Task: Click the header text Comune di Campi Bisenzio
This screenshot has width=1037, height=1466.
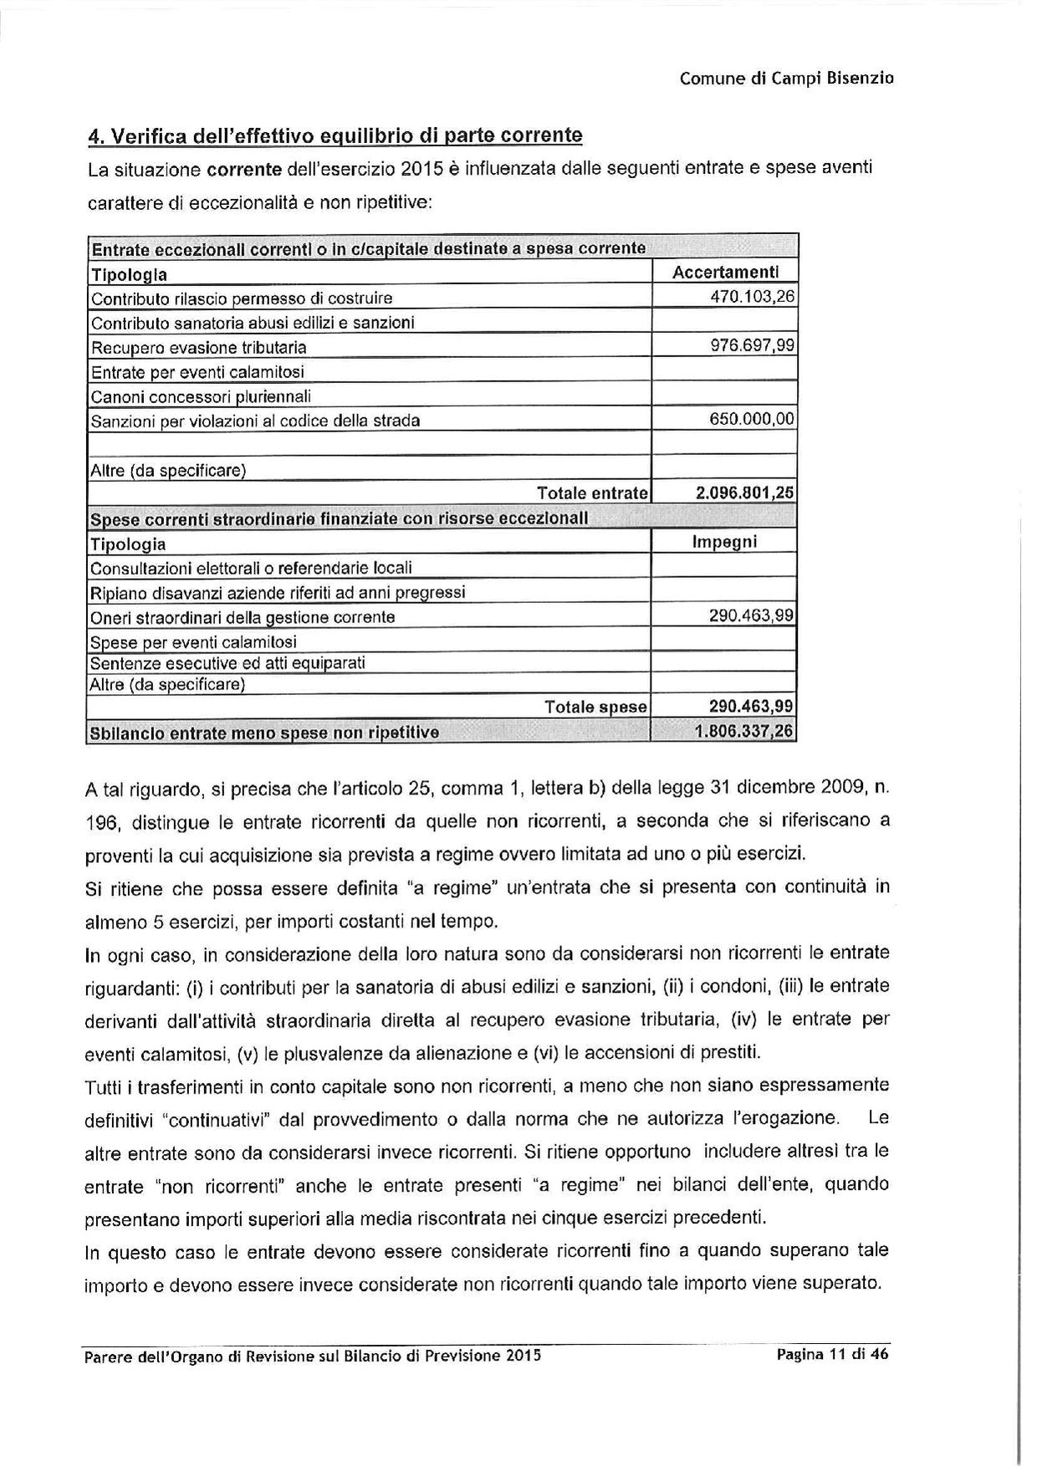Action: click(786, 79)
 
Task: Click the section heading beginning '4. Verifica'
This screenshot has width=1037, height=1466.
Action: click(335, 135)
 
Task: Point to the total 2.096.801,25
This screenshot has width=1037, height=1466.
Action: click(745, 493)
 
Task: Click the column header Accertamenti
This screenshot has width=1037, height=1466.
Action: click(725, 272)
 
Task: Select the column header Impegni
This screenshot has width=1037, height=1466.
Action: click(724, 542)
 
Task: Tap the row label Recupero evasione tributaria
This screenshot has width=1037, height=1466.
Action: click(198, 347)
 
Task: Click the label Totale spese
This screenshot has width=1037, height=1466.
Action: click(595, 707)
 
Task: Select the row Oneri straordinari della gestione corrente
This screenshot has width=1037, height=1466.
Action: click(243, 617)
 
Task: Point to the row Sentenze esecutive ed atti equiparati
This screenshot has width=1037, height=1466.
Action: click(227, 663)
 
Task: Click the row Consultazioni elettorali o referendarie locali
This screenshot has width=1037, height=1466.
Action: click(251, 569)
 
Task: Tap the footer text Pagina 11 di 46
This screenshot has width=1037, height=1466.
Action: click(831, 1355)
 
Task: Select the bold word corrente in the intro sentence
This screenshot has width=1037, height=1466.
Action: click(243, 170)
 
